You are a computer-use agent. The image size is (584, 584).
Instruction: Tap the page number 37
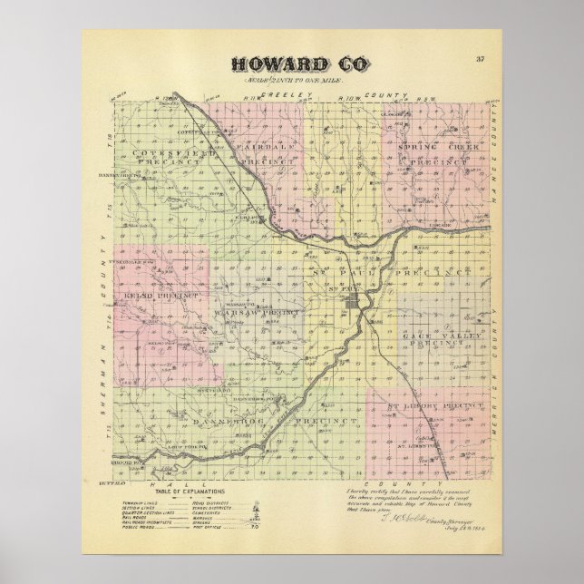click(480, 60)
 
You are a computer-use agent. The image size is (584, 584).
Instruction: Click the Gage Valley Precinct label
click(439, 338)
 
